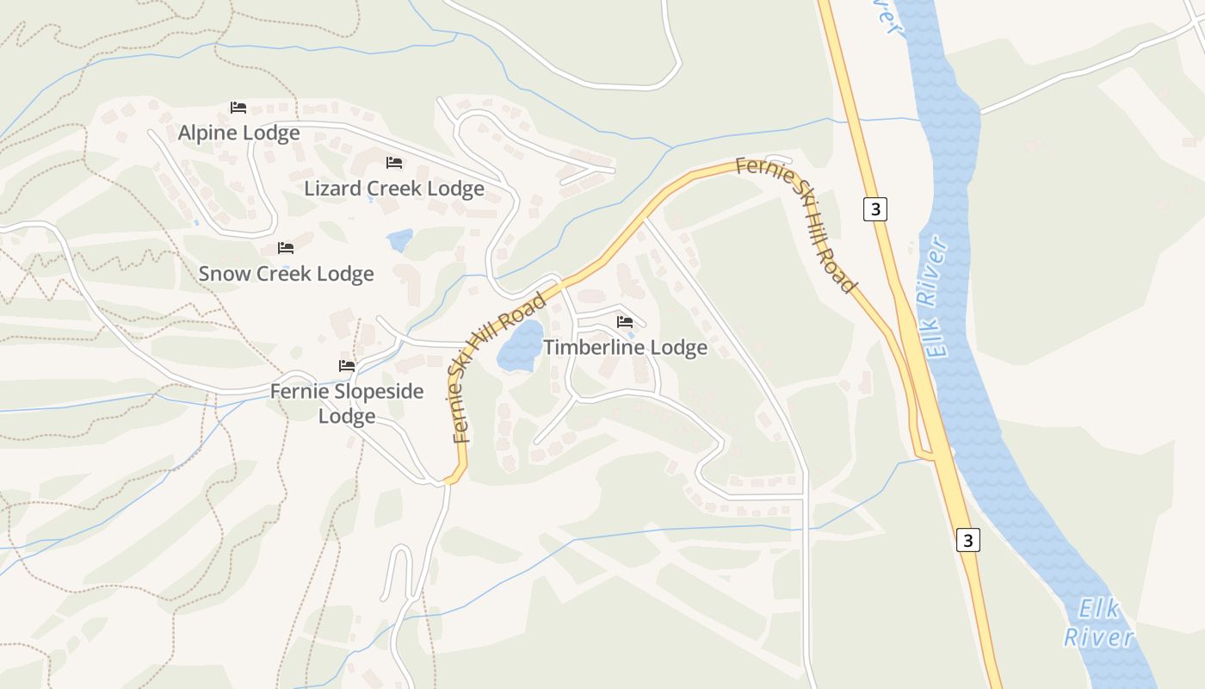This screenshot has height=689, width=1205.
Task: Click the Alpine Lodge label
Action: coord(238,133)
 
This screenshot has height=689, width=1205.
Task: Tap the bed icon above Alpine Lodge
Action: coord(238,108)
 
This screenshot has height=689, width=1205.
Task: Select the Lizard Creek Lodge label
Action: coord(394,188)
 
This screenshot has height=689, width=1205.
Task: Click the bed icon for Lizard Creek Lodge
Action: coord(394,162)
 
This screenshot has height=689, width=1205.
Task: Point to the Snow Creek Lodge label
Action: coord(286,273)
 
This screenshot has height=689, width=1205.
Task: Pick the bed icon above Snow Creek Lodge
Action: coord(286,248)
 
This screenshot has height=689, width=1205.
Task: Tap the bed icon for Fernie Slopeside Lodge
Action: coord(347,366)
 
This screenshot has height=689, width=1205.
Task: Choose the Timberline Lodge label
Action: coord(625,347)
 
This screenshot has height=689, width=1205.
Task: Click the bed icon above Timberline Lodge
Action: coord(625,322)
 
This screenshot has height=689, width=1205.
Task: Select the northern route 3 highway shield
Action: coord(874,209)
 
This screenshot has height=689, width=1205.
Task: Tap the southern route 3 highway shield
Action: coord(968,540)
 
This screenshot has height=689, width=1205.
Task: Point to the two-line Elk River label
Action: coord(1099,624)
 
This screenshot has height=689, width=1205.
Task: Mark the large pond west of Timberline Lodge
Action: coord(521,345)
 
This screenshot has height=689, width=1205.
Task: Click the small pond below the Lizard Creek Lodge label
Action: coord(400,239)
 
